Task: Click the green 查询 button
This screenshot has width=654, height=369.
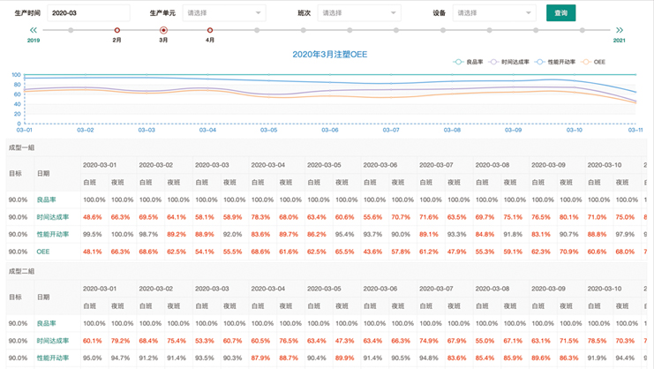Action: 561,13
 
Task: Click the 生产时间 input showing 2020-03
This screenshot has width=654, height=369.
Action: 86,13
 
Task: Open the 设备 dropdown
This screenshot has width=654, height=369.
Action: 493,13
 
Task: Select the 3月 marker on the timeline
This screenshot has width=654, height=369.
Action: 163,31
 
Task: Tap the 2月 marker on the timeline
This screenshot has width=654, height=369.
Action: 117,31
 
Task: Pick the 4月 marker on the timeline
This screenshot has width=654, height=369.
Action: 210,31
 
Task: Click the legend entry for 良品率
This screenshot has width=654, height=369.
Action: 472,62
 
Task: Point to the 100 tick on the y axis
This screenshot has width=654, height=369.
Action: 16,74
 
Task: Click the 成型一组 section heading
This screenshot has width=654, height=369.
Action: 20,147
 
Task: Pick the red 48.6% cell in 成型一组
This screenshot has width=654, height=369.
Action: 93,216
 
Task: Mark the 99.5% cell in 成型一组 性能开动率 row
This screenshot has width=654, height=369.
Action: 93,234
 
